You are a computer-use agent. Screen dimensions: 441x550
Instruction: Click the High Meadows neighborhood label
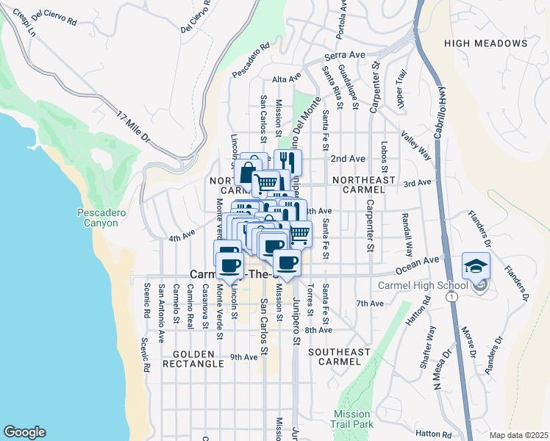pyautogui.click(x=486, y=43)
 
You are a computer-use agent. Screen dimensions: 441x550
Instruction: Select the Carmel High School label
pyautogui.click(x=422, y=286)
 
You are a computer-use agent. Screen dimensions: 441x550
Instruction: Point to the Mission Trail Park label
pyautogui.click(x=353, y=419)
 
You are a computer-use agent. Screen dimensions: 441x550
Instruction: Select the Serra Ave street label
pyautogui.click(x=347, y=55)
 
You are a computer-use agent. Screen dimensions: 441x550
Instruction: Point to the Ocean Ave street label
pyautogui.click(x=421, y=259)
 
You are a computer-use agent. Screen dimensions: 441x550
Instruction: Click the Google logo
pyautogui.click(x=24, y=432)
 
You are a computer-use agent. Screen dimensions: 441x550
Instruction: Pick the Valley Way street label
pyautogui.click(x=415, y=144)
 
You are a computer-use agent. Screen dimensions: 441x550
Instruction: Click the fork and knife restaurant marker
pyautogui.click(x=287, y=162)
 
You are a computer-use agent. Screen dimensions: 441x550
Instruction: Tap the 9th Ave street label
pyautogui.click(x=243, y=357)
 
